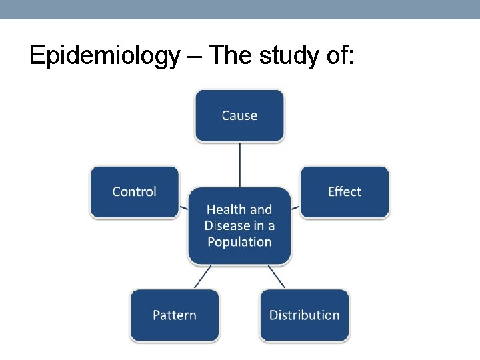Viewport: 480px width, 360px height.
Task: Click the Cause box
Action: pos(239,115)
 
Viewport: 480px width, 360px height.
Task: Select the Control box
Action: pos(135,191)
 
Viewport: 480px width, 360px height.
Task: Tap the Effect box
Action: pos(344,191)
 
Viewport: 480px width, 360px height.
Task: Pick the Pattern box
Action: pos(175,315)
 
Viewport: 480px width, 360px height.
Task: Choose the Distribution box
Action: pos(304,315)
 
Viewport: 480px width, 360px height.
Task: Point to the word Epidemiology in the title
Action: pos(105,56)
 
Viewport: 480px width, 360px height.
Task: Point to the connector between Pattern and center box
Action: pos(203,277)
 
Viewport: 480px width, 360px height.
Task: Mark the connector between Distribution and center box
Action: pos(275,277)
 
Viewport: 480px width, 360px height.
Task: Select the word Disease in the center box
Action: pos(227,225)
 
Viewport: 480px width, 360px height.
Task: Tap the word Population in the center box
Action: pos(239,241)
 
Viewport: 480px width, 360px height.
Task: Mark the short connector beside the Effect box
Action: pos(295,207)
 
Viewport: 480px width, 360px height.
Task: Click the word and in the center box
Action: pos(261,209)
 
